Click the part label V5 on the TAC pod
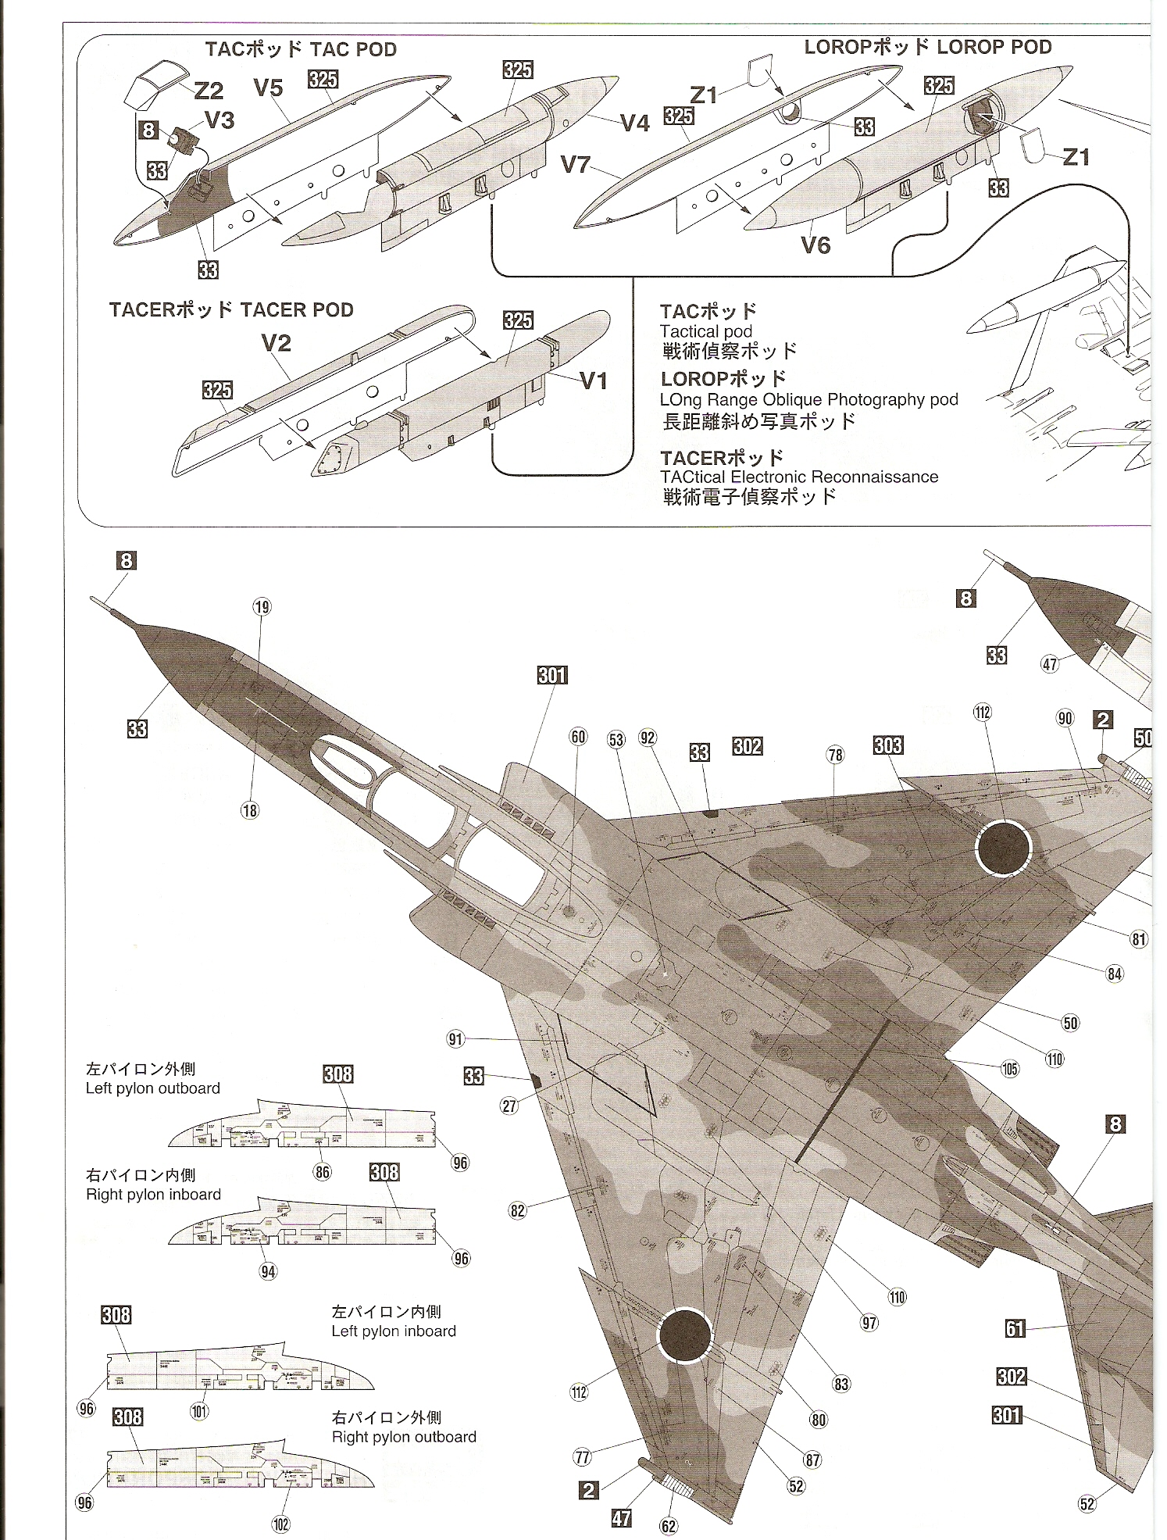[x=268, y=88]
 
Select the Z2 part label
[x=209, y=91]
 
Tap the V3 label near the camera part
[x=219, y=120]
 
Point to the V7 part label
[x=576, y=165]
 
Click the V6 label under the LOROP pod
[x=815, y=245]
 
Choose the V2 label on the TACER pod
[x=277, y=343]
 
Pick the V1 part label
[x=593, y=381]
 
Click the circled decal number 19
[x=262, y=606]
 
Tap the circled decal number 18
[x=249, y=810]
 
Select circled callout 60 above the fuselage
[x=578, y=737]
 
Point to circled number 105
[x=1010, y=1068]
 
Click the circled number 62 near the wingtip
[x=669, y=1525]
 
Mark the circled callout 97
[x=869, y=1322]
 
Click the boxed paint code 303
[x=888, y=745]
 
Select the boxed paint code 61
[x=1015, y=1327]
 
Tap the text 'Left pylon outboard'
[x=153, y=1088]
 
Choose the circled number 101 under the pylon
[x=200, y=1411]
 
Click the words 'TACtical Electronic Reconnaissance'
[x=799, y=477]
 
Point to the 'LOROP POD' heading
[x=994, y=47]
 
